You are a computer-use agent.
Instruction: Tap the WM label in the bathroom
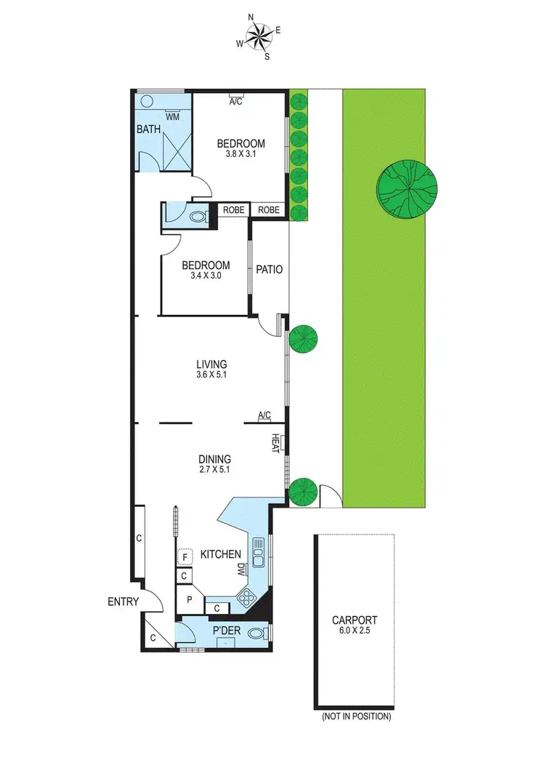point(172,116)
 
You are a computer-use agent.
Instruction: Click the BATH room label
point(148,129)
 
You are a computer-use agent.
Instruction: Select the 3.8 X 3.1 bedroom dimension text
point(241,155)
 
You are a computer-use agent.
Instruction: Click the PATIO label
point(269,269)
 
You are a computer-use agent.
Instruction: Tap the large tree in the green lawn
point(406,188)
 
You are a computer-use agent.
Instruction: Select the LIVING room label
point(211,364)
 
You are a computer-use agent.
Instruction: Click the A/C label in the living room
point(265,415)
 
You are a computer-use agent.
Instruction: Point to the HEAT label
point(276,443)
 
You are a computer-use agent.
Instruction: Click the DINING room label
point(214,459)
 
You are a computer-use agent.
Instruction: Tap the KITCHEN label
point(220,554)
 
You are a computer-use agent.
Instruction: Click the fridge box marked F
point(185,557)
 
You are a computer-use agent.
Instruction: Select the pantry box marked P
point(189,600)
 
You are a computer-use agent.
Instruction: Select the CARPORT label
point(355,620)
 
